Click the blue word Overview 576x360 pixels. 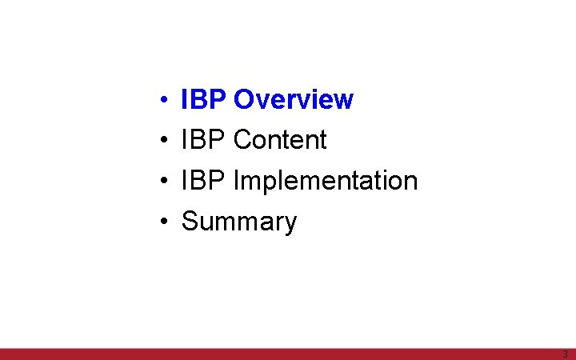coord(293,100)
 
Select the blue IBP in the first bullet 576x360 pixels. coord(204,100)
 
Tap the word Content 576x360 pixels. coord(280,140)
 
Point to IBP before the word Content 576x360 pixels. coord(204,140)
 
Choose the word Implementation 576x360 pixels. coord(326,181)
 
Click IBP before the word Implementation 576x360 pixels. coord(204,181)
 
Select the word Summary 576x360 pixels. coord(239,222)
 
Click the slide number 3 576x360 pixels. coord(565,354)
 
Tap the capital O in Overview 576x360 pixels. coord(243,100)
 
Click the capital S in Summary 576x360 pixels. coord(190,221)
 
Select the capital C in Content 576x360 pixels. coord(242,140)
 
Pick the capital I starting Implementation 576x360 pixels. coord(236,181)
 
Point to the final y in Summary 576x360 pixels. coord(290,224)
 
